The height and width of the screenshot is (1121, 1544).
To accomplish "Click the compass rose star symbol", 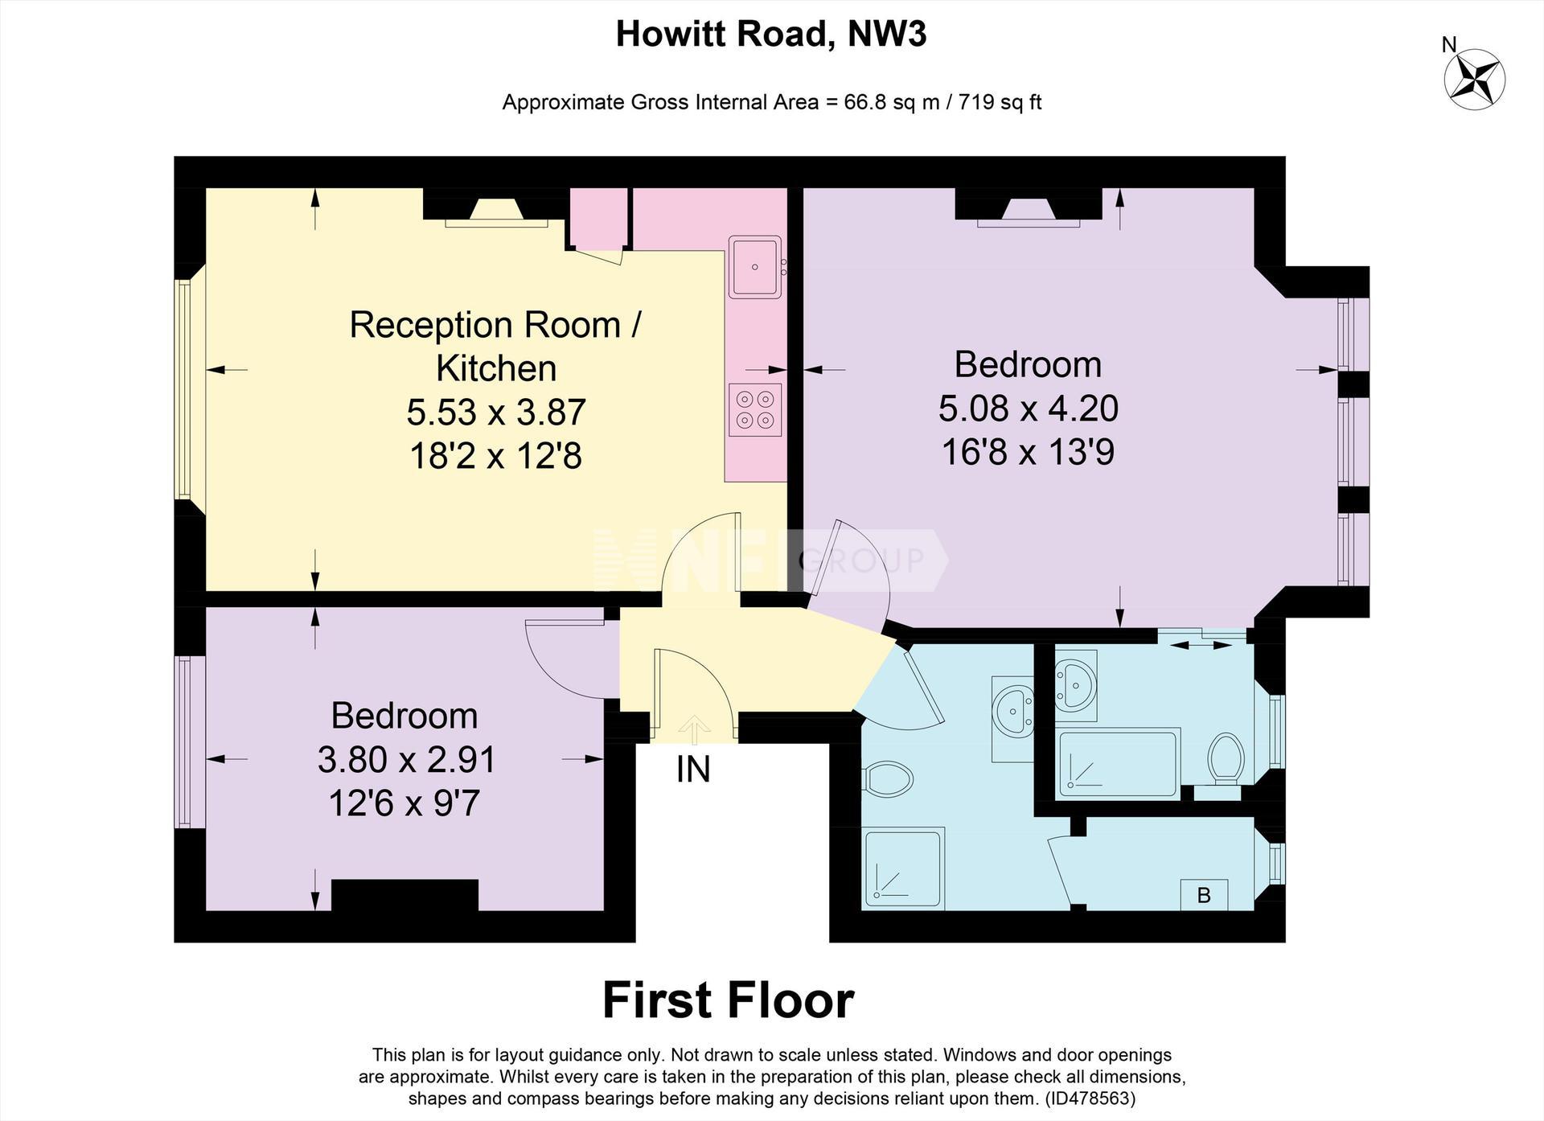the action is (1475, 80).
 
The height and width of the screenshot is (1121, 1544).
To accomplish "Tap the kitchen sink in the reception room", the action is (755, 266).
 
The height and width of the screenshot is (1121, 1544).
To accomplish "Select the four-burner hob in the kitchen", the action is (755, 409).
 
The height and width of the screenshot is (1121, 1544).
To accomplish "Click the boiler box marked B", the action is (1204, 895).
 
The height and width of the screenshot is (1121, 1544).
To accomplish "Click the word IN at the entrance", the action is (693, 770).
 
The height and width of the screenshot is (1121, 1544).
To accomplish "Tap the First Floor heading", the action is (728, 1000).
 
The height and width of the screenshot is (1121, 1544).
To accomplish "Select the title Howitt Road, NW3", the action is (771, 35).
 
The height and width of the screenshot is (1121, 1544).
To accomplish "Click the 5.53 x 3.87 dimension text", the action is (496, 413).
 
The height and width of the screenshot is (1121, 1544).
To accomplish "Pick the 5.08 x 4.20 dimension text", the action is (1028, 409).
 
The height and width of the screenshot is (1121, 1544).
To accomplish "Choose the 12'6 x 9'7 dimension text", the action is (404, 803).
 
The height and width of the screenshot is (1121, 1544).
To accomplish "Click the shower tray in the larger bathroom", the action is (903, 868).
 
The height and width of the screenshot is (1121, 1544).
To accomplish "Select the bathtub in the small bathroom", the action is (1119, 763).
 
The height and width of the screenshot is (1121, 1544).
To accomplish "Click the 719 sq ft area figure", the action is (1000, 102).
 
